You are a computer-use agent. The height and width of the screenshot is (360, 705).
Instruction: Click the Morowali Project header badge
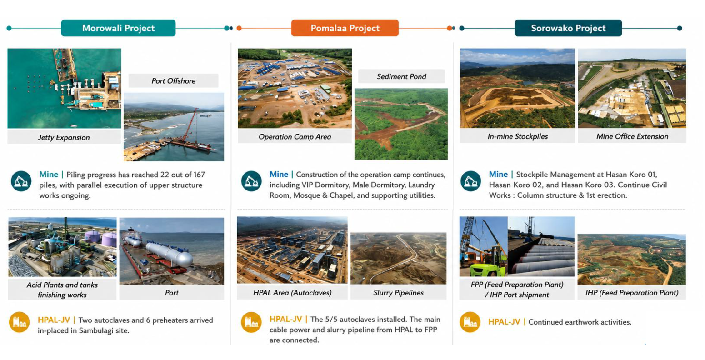point(118,28)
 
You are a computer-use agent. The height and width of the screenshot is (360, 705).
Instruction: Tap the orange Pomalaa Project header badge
point(345,28)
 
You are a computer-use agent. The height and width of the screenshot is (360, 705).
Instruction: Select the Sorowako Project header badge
point(568,28)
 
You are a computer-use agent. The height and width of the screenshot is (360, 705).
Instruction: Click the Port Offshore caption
point(174,81)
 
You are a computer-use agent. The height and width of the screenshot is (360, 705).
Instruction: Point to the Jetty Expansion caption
point(64,137)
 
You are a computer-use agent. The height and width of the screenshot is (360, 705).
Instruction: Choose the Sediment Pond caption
point(401,76)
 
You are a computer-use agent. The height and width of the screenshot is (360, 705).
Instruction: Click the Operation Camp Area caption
point(295,136)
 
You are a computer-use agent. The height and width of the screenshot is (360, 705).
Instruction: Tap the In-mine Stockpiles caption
point(517,136)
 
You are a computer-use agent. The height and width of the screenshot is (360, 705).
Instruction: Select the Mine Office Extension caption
point(632,136)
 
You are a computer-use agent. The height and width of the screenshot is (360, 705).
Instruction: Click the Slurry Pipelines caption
point(398,293)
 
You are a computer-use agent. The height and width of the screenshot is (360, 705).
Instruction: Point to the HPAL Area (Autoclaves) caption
point(292,293)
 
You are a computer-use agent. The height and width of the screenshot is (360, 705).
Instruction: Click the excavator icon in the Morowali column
point(21,181)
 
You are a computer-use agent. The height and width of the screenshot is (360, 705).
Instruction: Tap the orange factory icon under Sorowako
point(470,322)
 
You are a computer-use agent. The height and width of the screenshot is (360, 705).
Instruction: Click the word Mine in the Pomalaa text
point(279,175)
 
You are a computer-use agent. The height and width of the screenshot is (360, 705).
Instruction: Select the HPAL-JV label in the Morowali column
point(54,320)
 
